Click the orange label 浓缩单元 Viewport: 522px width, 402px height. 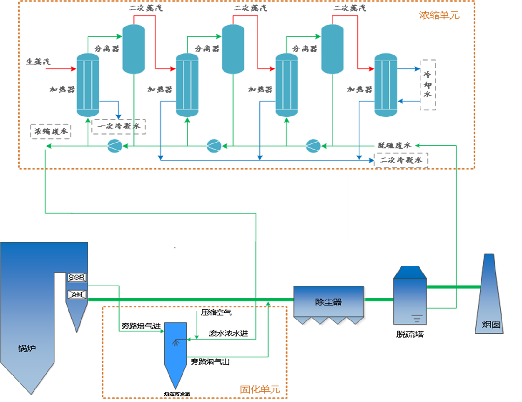click(x=439, y=15)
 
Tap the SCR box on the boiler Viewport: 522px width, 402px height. click(x=76, y=278)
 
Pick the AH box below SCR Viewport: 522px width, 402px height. click(x=76, y=294)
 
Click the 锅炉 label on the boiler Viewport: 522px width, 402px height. click(x=27, y=348)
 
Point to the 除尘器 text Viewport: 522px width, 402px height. click(x=328, y=302)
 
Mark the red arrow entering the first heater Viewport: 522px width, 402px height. click(x=61, y=69)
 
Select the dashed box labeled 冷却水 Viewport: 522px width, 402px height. click(x=428, y=85)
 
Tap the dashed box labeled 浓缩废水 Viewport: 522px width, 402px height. click(x=51, y=131)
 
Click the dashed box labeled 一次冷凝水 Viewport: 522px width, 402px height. click(x=119, y=127)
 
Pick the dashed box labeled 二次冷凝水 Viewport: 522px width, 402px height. click(x=401, y=160)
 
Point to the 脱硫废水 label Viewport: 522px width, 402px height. click(x=394, y=145)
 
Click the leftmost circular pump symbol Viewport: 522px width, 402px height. click(x=114, y=146)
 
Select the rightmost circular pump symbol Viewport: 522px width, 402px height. click(x=313, y=146)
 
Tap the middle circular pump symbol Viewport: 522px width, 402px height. click(x=214, y=146)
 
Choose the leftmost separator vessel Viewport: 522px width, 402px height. click(x=134, y=48)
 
